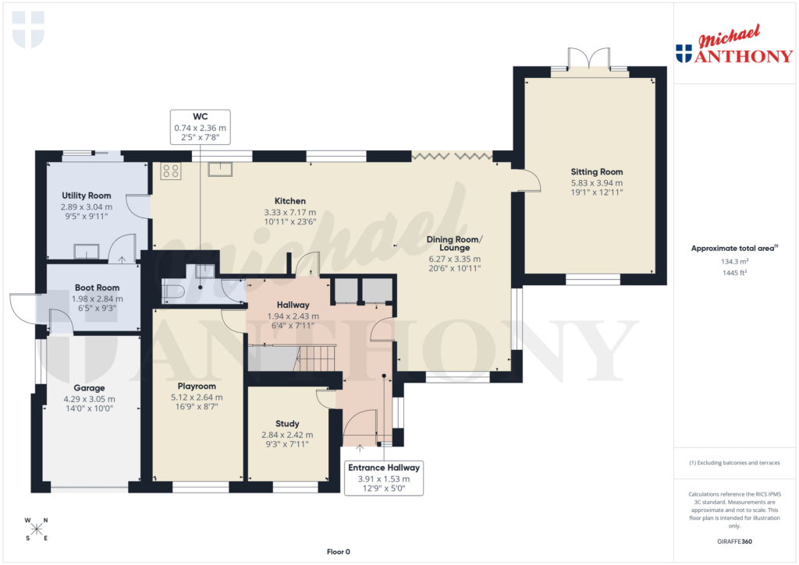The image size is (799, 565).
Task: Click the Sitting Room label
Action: (x=597, y=171)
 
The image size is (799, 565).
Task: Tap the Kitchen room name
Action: (x=289, y=200)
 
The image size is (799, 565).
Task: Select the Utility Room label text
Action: (x=86, y=196)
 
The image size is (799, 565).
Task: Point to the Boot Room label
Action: (x=97, y=288)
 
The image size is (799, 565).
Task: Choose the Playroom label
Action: (x=197, y=386)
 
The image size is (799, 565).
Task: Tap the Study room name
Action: (x=287, y=424)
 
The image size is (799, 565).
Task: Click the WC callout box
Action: (x=200, y=126)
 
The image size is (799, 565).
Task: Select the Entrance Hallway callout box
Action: (x=383, y=478)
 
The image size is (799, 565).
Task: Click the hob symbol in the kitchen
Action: (x=171, y=171)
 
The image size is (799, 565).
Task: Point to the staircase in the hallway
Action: (x=316, y=358)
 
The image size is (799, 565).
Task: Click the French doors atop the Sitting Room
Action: (x=588, y=60)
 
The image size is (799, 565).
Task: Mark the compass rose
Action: (x=36, y=529)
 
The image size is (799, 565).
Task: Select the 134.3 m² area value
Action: (x=733, y=262)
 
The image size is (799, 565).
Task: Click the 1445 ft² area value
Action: (x=733, y=274)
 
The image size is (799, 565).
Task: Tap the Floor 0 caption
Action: (x=338, y=552)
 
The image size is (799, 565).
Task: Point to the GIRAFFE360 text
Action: (x=733, y=541)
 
